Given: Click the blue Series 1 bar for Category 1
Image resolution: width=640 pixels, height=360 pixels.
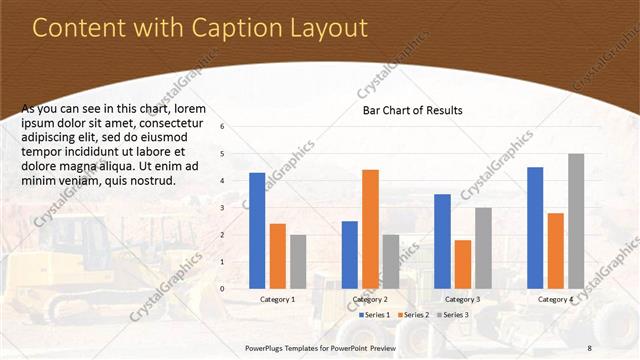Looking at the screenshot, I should click(x=257, y=230).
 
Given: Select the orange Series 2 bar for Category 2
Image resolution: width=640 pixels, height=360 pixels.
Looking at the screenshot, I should click(x=370, y=228).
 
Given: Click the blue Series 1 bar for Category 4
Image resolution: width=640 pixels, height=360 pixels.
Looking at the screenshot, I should click(x=535, y=227).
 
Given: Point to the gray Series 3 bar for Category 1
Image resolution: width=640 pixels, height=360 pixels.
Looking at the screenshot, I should click(x=298, y=261).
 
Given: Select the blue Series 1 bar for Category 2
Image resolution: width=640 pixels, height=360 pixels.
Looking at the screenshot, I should click(x=349, y=254).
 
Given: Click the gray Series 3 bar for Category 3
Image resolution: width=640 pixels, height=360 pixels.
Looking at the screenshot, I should click(x=483, y=247).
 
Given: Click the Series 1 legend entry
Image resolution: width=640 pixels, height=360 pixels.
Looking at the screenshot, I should click(x=375, y=315).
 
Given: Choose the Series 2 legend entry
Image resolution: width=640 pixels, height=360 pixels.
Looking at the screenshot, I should click(x=415, y=315).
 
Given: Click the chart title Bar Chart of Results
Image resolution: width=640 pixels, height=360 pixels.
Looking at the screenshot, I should click(x=412, y=110).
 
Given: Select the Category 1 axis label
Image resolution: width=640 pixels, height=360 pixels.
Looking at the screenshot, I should click(x=277, y=299).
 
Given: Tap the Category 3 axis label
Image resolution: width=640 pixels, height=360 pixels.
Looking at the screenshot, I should click(x=462, y=299).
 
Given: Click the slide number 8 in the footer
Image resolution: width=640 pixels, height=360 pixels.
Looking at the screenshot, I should click(x=590, y=347).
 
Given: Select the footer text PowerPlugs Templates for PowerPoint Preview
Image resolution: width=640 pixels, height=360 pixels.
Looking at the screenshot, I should click(x=320, y=347).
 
